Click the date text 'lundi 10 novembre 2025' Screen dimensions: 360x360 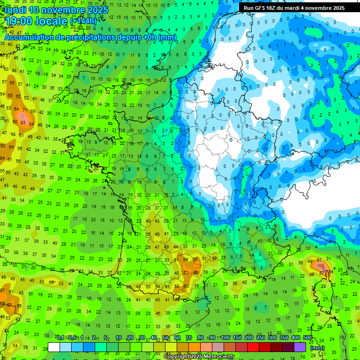point(57,10)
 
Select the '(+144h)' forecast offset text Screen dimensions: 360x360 point(83,21)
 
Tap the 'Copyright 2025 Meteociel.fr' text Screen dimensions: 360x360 point(199,357)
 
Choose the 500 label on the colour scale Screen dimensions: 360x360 point(307,338)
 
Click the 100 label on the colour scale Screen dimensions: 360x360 point(225,338)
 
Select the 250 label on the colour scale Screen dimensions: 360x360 point(261,338)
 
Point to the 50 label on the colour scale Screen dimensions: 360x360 point(165,338)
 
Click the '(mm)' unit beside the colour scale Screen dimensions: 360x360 point(317,348)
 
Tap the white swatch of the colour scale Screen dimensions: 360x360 point(54,347)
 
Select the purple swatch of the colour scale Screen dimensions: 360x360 point(300,347)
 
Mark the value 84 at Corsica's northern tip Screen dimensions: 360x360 point(331,271)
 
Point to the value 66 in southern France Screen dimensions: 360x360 point(196,272)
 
